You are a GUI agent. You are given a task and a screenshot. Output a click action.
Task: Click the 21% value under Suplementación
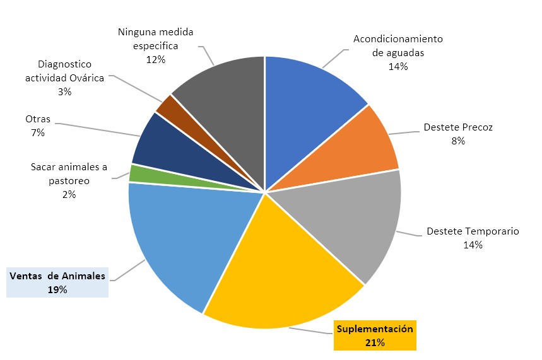374,342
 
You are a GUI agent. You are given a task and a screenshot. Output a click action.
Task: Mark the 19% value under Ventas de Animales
57,289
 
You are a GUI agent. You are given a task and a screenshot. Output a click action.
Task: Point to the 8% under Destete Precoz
457,141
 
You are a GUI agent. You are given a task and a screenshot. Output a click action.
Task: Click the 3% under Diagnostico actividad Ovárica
64,91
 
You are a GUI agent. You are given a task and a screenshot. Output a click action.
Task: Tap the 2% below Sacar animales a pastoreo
69,194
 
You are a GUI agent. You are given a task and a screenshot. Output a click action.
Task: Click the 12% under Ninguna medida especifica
155,59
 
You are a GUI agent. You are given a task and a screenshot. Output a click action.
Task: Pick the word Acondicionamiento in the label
398,39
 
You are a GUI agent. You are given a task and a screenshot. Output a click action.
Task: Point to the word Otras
38,119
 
